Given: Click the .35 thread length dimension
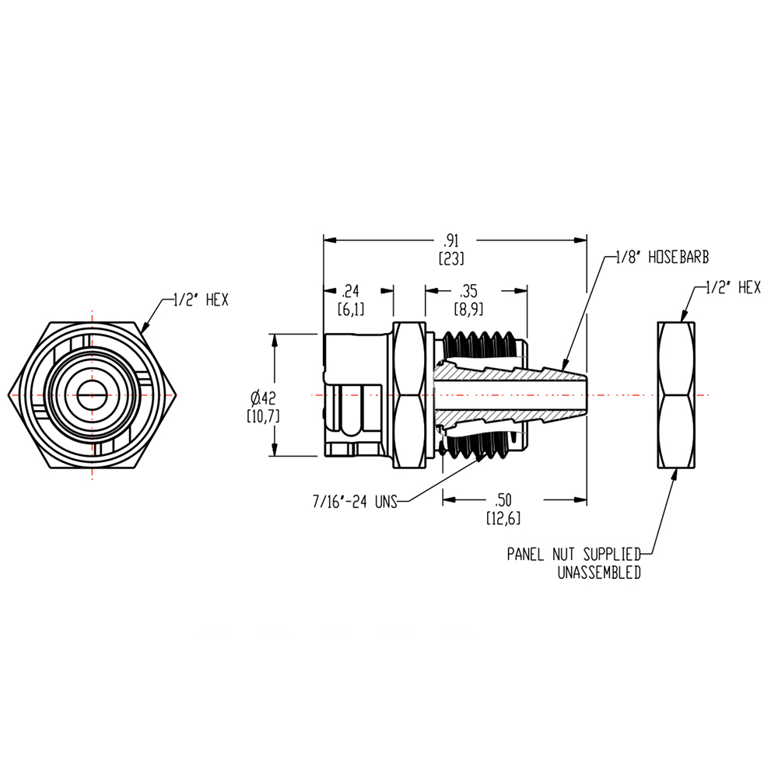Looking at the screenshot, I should (468, 292).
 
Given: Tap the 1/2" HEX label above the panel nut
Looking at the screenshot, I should (732, 288).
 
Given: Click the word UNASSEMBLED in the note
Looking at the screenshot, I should (599, 573).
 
